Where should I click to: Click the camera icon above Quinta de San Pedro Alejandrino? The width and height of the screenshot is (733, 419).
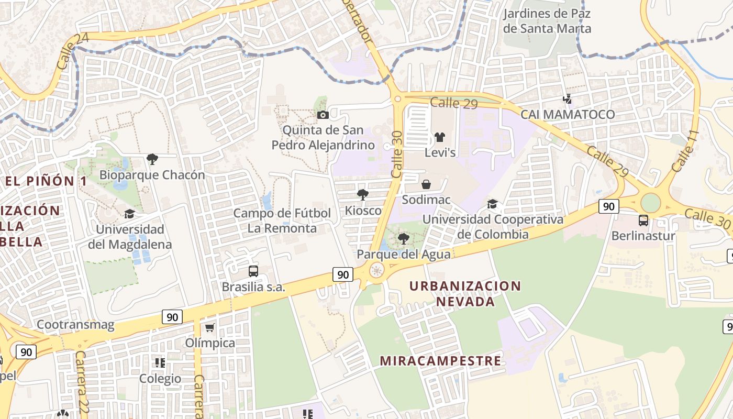[323, 115]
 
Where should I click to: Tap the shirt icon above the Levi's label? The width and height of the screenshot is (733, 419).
[439, 137]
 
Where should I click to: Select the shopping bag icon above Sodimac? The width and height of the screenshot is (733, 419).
[426, 184]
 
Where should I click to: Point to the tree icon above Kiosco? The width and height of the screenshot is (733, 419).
[362, 195]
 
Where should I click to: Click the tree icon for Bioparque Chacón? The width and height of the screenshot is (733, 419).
[152, 159]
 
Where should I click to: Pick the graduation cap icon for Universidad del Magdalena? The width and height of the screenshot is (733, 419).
[129, 214]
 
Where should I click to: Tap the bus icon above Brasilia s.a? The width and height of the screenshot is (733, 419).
[253, 271]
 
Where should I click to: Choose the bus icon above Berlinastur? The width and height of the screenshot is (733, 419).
[643, 220]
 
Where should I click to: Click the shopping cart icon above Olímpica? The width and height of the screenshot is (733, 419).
[210, 328]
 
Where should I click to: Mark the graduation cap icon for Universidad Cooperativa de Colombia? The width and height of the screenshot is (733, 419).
[492, 204]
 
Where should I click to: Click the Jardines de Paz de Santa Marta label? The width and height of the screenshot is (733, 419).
[547, 21]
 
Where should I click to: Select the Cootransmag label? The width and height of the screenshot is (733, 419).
[75, 325]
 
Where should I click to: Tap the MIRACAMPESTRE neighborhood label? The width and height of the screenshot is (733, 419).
[440, 361]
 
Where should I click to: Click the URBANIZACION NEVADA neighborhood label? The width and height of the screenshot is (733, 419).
[465, 294]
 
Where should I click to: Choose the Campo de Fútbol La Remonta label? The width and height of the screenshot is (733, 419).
[282, 220]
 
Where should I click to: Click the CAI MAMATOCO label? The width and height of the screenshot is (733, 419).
[568, 114]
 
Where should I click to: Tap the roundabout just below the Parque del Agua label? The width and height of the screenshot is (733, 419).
[376, 270]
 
